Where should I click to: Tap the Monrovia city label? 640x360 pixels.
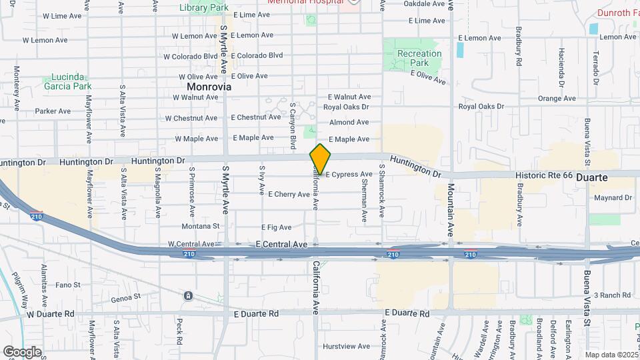(209, 87)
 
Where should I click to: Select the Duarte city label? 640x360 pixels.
(591, 178)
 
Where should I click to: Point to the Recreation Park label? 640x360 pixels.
(419, 58)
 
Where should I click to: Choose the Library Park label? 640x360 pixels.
(203, 7)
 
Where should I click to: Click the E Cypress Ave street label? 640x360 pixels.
(349, 175)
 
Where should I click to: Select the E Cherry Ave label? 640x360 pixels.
(289, 195)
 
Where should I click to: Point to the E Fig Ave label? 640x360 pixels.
(277, 227)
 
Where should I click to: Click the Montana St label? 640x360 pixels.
(197, 226)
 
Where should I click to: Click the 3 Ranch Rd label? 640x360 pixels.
(611, 295)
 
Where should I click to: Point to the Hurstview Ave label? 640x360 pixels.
(346, 346)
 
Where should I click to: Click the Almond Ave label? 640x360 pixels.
(349, 122)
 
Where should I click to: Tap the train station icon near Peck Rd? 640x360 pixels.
(189, 295)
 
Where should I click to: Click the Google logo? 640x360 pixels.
(22, 352)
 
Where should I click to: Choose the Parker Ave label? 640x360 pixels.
(53, 111)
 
